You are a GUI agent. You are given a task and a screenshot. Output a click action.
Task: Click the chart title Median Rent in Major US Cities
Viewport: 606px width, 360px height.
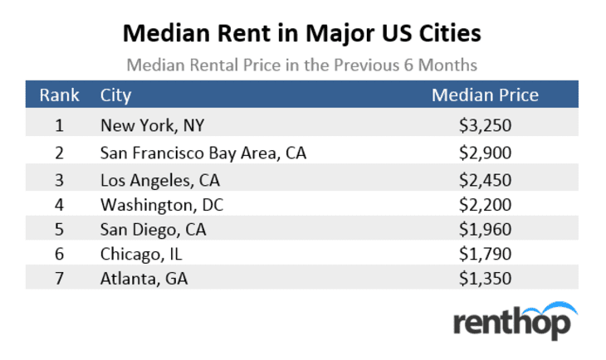click(x=302, y=34)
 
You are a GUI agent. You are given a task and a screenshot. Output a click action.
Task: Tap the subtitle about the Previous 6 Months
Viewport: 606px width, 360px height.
click(x=302, y=64)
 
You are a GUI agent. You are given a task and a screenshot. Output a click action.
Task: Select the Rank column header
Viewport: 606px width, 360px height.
click(x=60, y=95)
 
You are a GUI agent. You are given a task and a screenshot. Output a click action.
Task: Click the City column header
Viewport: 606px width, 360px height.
click(x=116, y=95)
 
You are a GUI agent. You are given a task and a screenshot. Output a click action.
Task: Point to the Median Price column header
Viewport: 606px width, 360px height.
click(x=485, y=95)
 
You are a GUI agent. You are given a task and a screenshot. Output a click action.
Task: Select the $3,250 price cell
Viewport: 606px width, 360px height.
click(x=485, y=126)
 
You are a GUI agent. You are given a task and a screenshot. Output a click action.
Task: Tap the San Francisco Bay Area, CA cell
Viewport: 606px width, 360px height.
click(x=203, y=153)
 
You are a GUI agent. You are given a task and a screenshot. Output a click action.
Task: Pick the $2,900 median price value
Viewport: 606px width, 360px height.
click(x=485, y=153)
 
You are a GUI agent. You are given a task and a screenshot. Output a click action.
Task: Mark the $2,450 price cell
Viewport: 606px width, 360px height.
click(x=485, y=179)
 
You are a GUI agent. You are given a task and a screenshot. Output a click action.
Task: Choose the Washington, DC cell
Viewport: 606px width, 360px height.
click(x=162, y=204)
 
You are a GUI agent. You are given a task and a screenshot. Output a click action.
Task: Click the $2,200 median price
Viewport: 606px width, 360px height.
click(x=485, y=204)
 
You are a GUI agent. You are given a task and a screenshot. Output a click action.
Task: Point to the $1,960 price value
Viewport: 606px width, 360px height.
click(x=485, y=229)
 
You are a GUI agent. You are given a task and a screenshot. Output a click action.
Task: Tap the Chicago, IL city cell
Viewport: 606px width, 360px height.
click(x=140, y=254)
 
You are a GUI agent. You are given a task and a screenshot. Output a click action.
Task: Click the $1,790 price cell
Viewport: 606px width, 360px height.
click(x=485, y=254)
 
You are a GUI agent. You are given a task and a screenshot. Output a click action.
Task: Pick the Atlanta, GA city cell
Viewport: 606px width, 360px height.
click(x=144, y=279)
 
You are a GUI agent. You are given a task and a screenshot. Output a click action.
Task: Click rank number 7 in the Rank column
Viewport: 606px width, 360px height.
click(x=60, y=279)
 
